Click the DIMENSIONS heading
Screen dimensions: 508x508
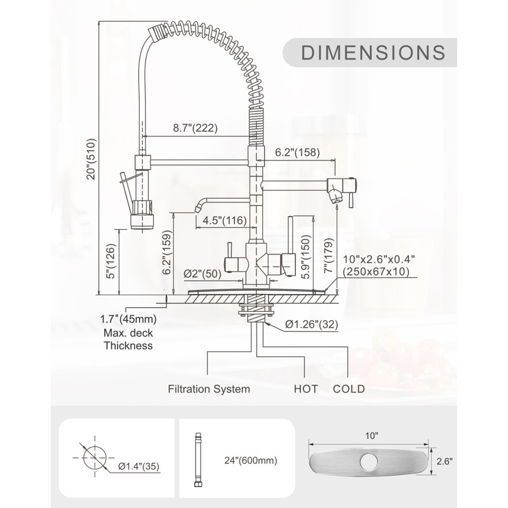(x=373, y=53)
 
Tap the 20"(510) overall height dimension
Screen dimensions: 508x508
(x=91, y=159)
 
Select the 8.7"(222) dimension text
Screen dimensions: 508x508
(x=195, y=128)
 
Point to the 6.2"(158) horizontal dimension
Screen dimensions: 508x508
(x=297, y=152)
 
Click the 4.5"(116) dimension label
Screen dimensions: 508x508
(x=225, y=220)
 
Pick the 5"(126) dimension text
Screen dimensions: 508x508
(x=110, y=261)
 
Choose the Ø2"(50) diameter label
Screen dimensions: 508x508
(x=203, y=274)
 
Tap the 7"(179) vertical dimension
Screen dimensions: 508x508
(x=329, y=255)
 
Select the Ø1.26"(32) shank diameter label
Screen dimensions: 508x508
(x=312, y=324)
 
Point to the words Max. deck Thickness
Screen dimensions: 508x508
(x=128, y=339)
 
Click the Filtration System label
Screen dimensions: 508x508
(x=209, y=389)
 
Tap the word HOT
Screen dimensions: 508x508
(x=306, y=389)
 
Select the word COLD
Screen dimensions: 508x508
(x=349, y=389)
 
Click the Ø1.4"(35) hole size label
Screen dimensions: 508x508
(x=138, y=466)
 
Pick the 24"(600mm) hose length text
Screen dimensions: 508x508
(x=251, y=460)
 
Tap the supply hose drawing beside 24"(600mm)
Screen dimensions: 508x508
(x=197, y=459)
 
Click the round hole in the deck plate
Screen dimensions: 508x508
(x=368, y=462)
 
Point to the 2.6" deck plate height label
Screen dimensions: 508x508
(x=444, y=461)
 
